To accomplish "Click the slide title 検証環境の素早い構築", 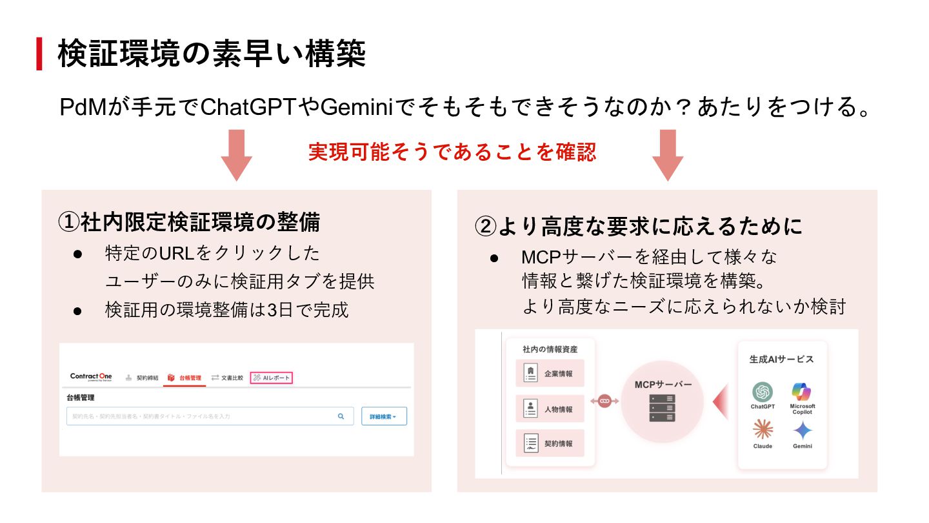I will coord(212,54).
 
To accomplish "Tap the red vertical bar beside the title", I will coord(39,54).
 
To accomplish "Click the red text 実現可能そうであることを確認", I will coord(452,152).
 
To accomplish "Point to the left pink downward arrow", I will coord(236,155).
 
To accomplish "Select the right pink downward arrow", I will coord(668,155).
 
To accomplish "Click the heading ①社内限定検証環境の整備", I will coord(189,222).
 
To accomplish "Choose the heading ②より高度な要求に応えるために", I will coord(639,226).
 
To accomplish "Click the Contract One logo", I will coord(91,377).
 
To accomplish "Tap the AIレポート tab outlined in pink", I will coord(272,378).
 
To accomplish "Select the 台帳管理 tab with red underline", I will coord(185,378).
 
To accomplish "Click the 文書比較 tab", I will coord(227,378).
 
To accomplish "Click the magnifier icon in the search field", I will coord(341,416).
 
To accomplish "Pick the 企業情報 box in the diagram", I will coord(550,373).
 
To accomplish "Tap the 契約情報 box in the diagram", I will coord(550,443).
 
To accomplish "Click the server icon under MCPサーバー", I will coord(662,408).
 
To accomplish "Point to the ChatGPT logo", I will coord(763,392).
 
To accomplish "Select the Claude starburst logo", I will coord(763,429).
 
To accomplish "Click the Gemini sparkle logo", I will coord(803,430).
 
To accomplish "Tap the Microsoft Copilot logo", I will coord(802,392).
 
